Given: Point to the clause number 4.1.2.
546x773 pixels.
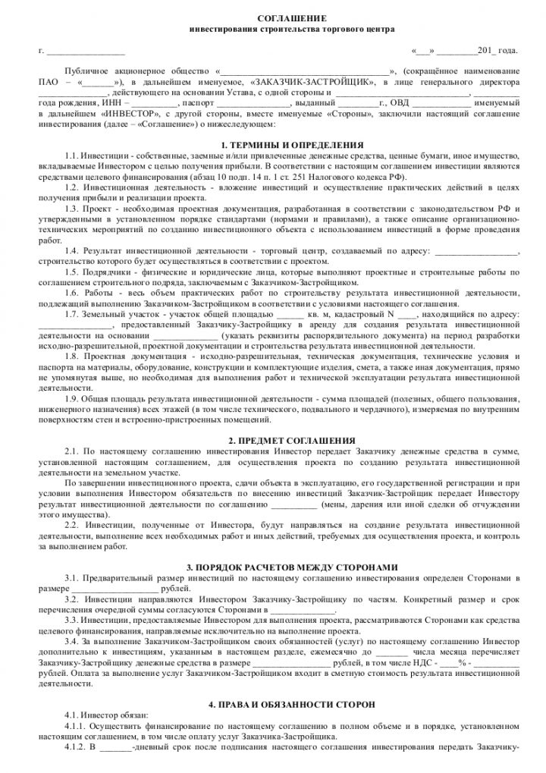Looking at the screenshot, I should point(78,746).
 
